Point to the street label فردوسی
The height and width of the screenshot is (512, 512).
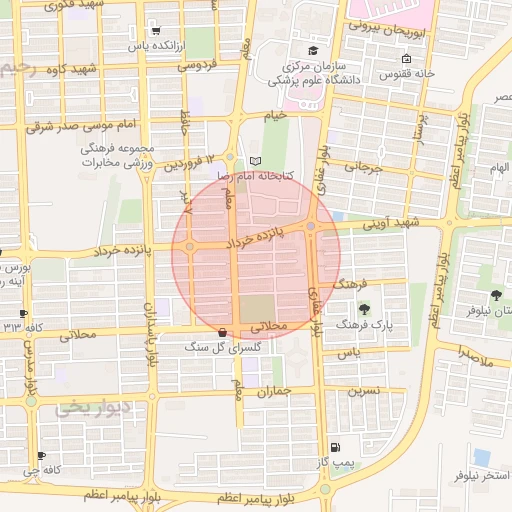pos(198,65)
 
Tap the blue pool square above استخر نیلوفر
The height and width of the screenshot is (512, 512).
pos(482,456)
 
